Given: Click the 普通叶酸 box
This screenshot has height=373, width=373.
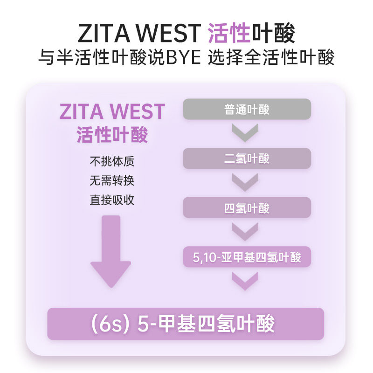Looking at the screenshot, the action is tap(247, 109).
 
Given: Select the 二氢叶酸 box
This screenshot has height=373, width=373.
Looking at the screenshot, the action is tap(247, 159).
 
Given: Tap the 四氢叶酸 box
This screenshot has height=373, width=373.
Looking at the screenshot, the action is tap(247, 207).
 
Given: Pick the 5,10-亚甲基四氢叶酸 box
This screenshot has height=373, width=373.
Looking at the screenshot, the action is tap(247, 257).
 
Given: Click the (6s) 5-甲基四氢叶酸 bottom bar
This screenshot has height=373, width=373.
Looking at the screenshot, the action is tap(186, 324).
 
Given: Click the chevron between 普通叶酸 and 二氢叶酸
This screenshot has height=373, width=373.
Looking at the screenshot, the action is tap(245, 133).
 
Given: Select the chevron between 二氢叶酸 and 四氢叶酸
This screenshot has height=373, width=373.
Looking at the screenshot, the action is tap(245, 182).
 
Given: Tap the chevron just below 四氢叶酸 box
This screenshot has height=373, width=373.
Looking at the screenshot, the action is tap(245, 232).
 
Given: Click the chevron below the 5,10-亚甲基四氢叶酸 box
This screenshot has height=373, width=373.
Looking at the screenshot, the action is tap(245, 281).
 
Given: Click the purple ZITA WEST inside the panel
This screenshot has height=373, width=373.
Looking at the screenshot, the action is tap(112, 112).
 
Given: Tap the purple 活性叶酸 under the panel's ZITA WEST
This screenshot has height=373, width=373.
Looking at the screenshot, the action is tap(112, 135).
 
